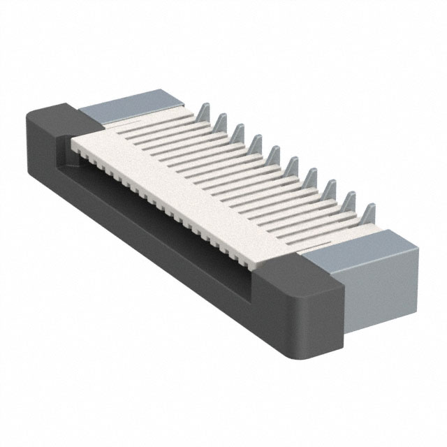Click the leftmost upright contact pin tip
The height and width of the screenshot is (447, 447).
coord(203,109)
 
